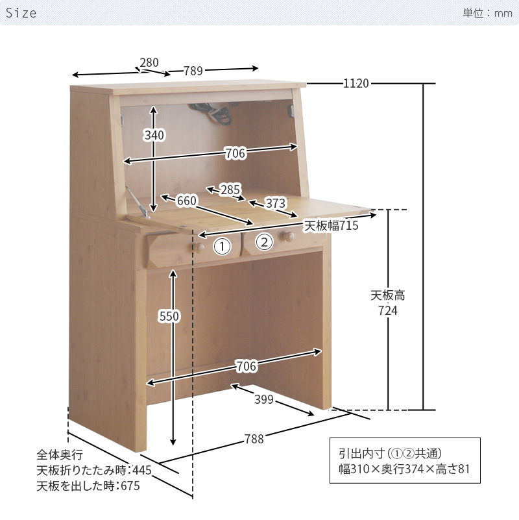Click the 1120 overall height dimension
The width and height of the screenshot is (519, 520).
[356, 83]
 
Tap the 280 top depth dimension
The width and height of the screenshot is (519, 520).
[149, 62]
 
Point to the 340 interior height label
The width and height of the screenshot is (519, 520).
[154, 135]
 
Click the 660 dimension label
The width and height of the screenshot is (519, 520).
[186, 201]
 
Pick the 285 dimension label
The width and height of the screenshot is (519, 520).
[230, 190]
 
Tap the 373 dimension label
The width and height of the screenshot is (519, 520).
[276, 203]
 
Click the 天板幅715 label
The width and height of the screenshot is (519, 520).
[332, 225]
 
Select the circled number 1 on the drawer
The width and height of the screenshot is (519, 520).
[222, 247]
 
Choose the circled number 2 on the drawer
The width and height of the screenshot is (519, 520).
[264, 243]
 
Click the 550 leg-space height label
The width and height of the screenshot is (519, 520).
[169, 316]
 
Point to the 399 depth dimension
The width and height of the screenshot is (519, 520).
[263, 399]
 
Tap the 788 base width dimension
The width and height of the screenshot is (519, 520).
[254, 439]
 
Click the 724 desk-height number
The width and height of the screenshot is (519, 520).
[388, 311]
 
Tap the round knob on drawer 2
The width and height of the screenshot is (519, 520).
[284, 238]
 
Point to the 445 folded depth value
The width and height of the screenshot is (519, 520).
[143, 470]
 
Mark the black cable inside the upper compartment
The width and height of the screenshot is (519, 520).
[221, 116]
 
